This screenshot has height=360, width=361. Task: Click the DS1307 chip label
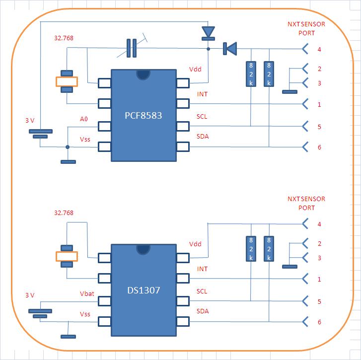tap(144, 290)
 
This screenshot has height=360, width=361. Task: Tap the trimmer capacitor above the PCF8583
tap(132, 48)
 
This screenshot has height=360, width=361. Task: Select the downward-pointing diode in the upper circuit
tap(208, 32)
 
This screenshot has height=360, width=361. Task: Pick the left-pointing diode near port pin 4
tap(229, 48)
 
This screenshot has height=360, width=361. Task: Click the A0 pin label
tap(84, 119)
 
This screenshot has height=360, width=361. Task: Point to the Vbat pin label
tap(87, 294)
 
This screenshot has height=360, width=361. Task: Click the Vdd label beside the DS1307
tap(195, 244)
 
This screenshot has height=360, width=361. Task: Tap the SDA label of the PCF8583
tap(202, 136)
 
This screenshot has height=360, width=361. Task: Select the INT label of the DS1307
tap(202, 269)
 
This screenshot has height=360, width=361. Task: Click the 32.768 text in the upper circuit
tap(64, 38)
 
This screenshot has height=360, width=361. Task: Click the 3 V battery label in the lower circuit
tap(30, 295)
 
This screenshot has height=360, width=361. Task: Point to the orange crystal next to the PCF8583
tap(67, 81)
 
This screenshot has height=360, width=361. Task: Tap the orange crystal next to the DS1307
tap(67, 256)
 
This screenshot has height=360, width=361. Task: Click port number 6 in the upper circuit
tap(319, 147)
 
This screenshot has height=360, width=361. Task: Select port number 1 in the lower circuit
tap(319, 280)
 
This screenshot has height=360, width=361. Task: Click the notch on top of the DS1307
tap(143, 248)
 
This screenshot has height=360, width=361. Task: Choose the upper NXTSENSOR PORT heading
tap(306, 28)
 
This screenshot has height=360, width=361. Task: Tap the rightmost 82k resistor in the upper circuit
tap(269, 74)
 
